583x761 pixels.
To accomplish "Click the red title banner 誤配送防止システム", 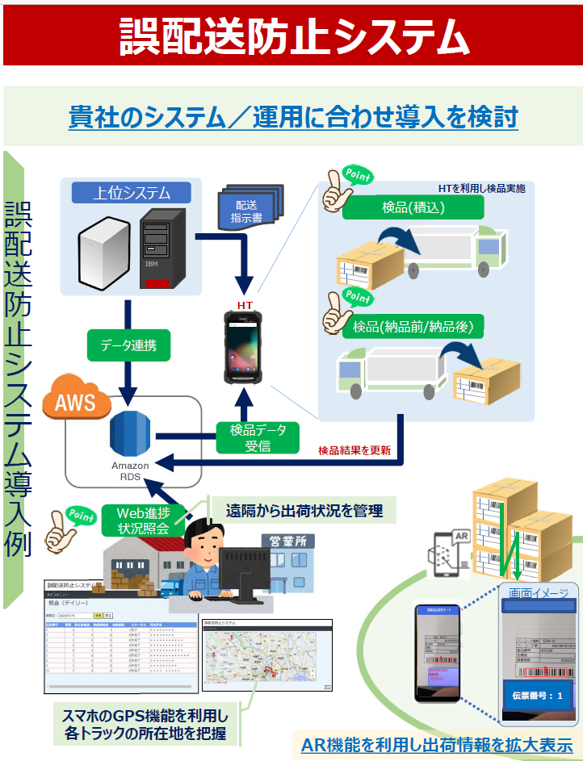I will click(x=292, y=36).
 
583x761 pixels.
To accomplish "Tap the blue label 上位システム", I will click(x=132, y=193).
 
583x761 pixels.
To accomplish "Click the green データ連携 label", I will click(x=128, y=346).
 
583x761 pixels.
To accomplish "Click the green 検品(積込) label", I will click(x=413, y=208).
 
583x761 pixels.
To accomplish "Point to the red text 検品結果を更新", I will click(x=354, y=450).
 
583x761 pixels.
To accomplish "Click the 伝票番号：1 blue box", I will click(x=537, y=694).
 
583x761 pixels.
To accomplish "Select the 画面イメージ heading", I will click(x=538, y=596).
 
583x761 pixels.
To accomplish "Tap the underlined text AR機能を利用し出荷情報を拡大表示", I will click(x=436, y=745).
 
